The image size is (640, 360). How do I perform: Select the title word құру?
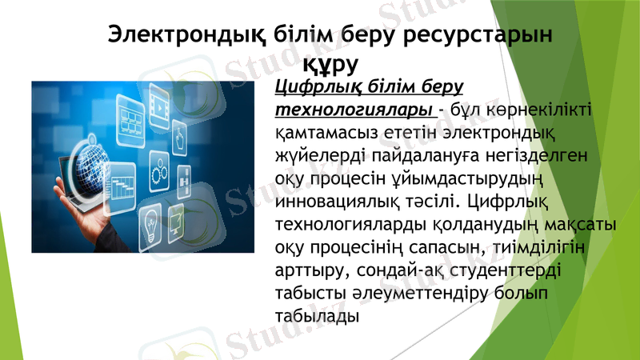coord(330,61)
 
